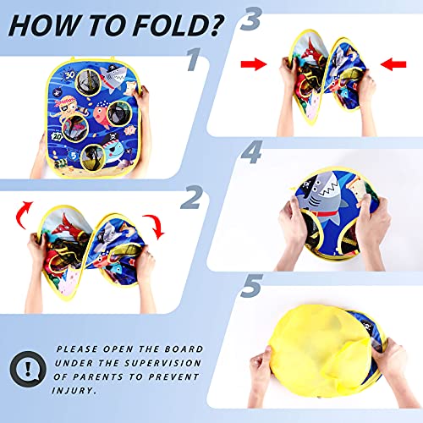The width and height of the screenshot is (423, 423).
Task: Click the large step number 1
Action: pyautogui.click(x=195, y=59)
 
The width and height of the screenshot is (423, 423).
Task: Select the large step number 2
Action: pyautogui.click(x=192, y=197)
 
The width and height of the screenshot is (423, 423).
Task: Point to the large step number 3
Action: pyautogui.click(x=251, y=19)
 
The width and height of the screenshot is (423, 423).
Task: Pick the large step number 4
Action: pyautogui.click(x=252, y=152)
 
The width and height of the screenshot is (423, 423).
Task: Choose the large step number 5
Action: pyautogui.click(x=251, y=286)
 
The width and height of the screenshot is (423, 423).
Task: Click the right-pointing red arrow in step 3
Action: pyautogui.click(x=254, y=64)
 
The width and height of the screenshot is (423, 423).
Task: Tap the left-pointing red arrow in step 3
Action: pyautogui.click(x=393, y=64)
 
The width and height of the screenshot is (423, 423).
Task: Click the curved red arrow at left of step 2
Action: pyautogui.click(x=23, y=214)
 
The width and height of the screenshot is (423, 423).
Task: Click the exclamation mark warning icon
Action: pyautogui.click(x=28, y=369)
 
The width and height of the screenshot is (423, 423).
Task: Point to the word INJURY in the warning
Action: pyautogui.click(x=74, y=391)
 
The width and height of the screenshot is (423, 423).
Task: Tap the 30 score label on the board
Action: pyautogui.click(x=69, y=75)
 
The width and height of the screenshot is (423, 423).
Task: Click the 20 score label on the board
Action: pyautogui.click(x=58, y=137)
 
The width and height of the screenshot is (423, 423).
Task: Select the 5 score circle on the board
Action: pyautogui.click(x=73, y=156)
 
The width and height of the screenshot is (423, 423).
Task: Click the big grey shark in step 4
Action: pyautogui.click(x=323, y=197)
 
